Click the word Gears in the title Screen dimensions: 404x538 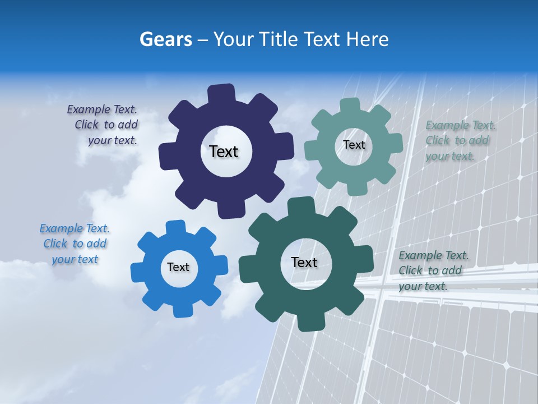(165, 39)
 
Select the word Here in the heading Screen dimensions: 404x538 (368, 39)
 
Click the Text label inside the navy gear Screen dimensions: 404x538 (224, 151)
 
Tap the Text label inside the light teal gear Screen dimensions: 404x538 (354, 145)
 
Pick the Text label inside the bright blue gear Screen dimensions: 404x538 (178, 268)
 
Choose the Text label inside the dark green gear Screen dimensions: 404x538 (304, 263)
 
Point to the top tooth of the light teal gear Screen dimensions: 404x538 (350, 106)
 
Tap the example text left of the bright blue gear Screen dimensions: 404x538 (75, 244)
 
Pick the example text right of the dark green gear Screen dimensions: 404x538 (433, 271)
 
